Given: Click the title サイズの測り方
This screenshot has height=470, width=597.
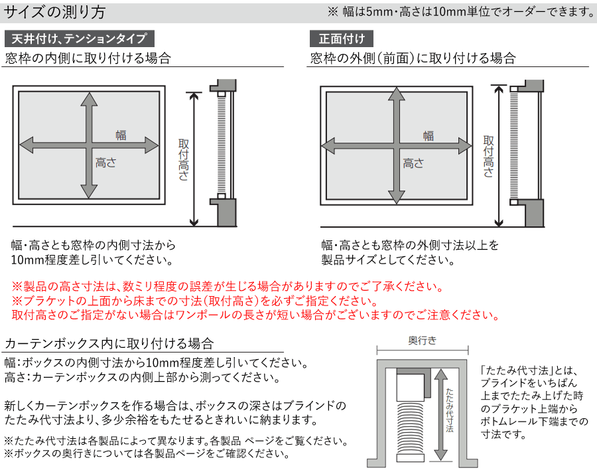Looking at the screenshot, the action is pos(54,12).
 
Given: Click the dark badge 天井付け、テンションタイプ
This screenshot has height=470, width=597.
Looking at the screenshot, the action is pos(80,39).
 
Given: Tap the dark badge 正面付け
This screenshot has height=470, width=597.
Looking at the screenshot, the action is pos(342,39).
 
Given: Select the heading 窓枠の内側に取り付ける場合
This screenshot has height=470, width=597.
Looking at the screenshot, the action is pos(88,58).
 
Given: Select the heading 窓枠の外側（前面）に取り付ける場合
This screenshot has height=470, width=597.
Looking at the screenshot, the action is pos(413,58).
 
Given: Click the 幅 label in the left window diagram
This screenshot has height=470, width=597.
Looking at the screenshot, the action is pos(121,135).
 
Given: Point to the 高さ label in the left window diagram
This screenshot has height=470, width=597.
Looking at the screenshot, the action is pos(106,163).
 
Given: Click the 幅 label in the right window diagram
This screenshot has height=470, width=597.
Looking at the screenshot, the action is pos(429,135).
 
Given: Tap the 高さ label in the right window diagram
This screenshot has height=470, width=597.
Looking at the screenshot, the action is pos(413,163).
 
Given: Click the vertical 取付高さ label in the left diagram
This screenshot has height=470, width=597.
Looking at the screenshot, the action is pos(184,159).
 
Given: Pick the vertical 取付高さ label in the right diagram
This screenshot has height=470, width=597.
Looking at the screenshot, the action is pos(488,156).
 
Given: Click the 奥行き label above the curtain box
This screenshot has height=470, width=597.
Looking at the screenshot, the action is pos(423,341).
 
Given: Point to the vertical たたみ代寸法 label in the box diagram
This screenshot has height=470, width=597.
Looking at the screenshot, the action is pos(450,410).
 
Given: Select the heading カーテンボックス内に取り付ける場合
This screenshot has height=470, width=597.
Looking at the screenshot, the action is pos(109,343).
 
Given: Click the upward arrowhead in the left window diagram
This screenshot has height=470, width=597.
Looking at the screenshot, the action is pos(89,99).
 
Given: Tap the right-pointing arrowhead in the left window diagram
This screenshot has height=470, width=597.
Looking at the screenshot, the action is pos(152,145).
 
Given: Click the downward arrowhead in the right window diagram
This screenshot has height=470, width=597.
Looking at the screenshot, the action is pos(397,196).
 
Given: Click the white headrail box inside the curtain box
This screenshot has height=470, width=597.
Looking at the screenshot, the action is pos(411,387).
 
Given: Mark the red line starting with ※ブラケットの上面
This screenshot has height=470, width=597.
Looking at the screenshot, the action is pos(194,301).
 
